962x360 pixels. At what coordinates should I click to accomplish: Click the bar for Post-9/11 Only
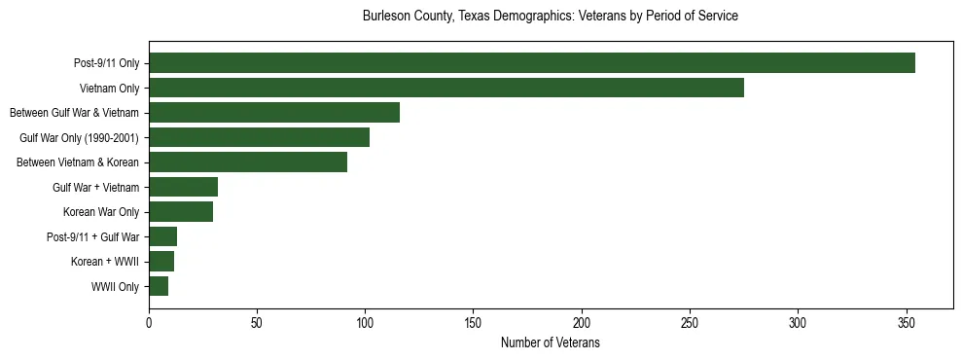532,63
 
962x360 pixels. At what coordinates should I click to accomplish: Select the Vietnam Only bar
446,88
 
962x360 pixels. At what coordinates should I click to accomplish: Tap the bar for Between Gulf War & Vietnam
274,113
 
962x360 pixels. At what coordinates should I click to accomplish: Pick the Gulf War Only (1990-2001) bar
259,137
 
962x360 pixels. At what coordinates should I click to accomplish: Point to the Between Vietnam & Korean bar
248,162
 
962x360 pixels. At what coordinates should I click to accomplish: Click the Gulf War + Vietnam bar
183,187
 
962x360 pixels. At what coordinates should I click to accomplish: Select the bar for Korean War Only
181,212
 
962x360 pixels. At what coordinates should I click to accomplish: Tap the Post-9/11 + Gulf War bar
163,236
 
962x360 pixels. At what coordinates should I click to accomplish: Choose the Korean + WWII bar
161,262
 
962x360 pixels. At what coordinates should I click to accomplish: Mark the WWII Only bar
159,286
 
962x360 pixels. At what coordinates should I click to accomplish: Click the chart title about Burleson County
550,17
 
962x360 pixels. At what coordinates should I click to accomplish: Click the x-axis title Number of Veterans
550,343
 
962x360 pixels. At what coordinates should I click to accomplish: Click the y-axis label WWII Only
115,287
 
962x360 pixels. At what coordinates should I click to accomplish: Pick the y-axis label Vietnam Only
109,89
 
